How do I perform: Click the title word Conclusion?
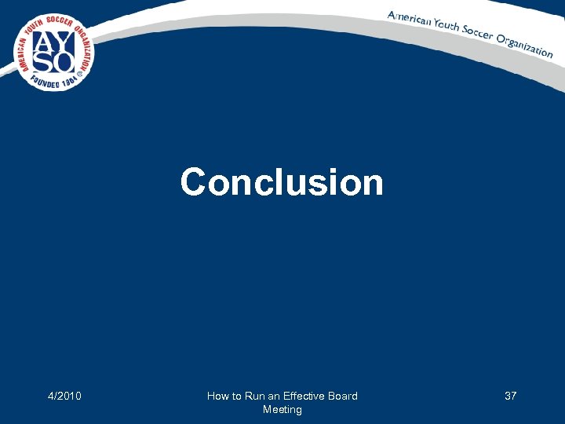click(x=282, y=182)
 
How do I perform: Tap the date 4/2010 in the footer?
click(x=64, y=396)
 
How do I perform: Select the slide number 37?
click(x=510, y=396)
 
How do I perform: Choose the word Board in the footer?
click(x=343, y=396)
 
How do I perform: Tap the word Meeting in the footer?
click(x=282, y=409)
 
